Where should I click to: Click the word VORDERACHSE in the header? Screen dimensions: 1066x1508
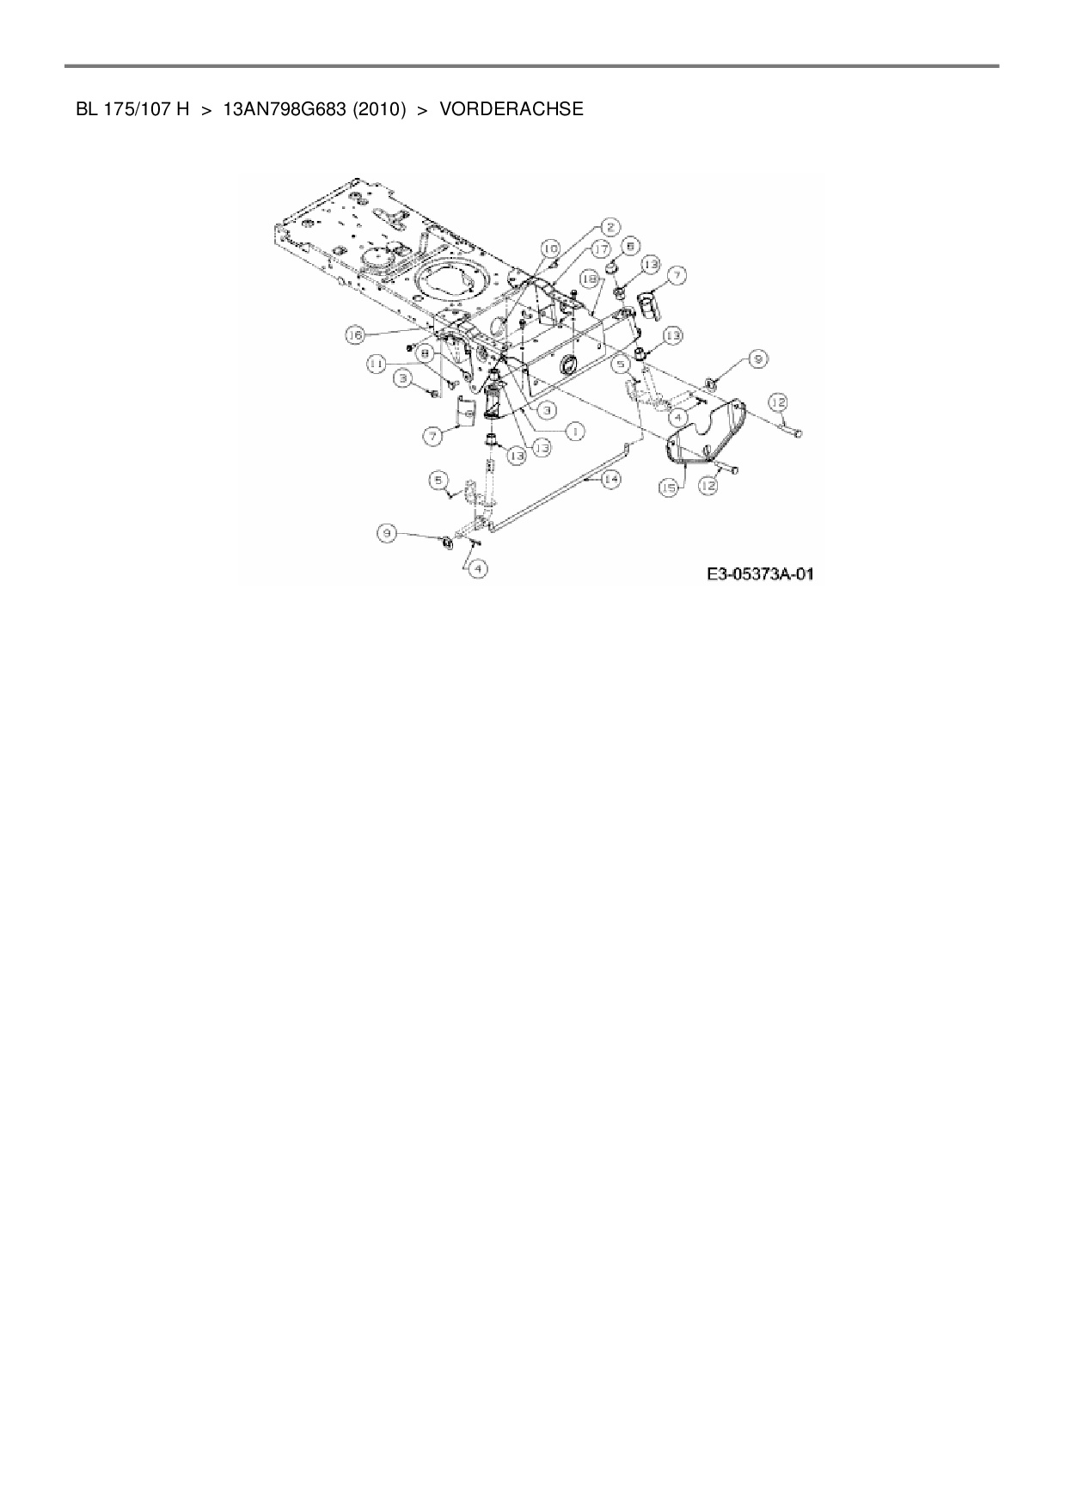(x=512, y=109)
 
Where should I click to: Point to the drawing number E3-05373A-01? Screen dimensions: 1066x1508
(x=760, y=573)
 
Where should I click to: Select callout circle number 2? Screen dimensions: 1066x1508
(x=610, y=227)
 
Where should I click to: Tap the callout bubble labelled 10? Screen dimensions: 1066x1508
(x=549, y=248)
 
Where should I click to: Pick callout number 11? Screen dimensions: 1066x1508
(x=376, y=365)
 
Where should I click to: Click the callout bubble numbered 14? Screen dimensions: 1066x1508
(x=611, y=480)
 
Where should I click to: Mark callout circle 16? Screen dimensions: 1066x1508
(x=355, y=335)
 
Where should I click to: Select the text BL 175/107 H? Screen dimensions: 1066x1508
(x=132, y=109)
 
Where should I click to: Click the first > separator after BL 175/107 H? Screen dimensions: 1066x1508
(x=206, y=109)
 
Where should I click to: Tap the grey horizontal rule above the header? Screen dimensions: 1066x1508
(x=532, y=65)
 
